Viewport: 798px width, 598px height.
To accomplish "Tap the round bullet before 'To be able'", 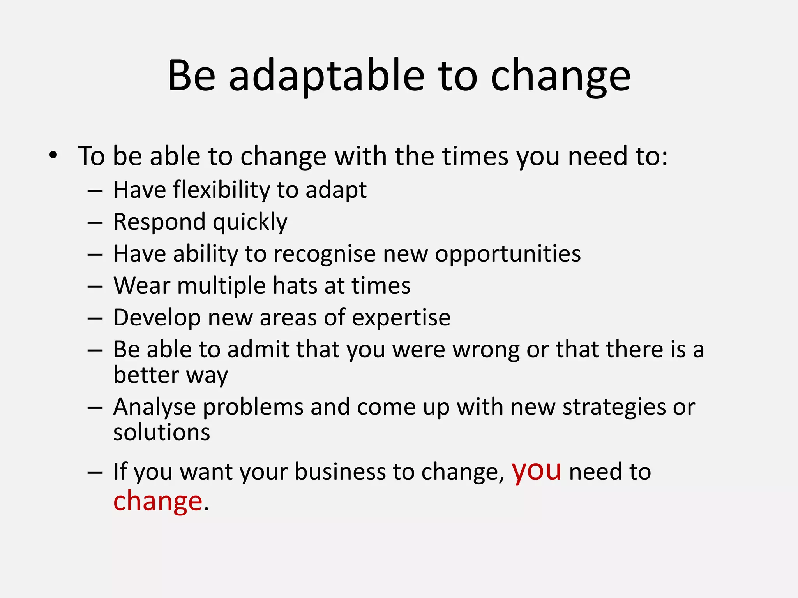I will [x=53, y=156].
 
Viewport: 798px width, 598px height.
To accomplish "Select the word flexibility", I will [x=221, y=190].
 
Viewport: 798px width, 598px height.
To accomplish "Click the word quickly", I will [x=250, y=222].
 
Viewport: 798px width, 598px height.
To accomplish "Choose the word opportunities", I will [x=508, y=254].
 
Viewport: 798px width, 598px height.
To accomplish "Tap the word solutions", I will [x=162, y=433].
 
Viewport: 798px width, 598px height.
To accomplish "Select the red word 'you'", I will [x=537, y=471].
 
